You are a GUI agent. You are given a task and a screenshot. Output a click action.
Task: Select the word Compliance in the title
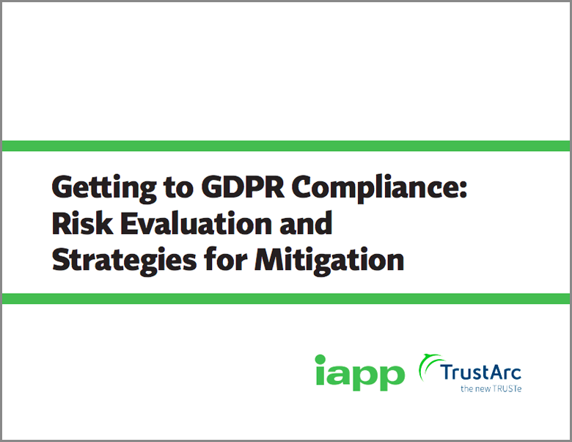[x=374, y=189]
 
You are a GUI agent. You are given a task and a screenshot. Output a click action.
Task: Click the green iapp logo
[x=359, y=372]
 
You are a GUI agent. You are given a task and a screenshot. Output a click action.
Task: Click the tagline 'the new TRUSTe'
[x=491, y=388]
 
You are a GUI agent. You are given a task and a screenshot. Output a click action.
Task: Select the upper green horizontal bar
[x=286, y=145]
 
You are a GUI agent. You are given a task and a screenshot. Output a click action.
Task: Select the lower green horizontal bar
[x=286, y=298]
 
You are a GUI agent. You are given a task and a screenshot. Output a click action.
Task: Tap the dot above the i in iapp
[x=320, y=359]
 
